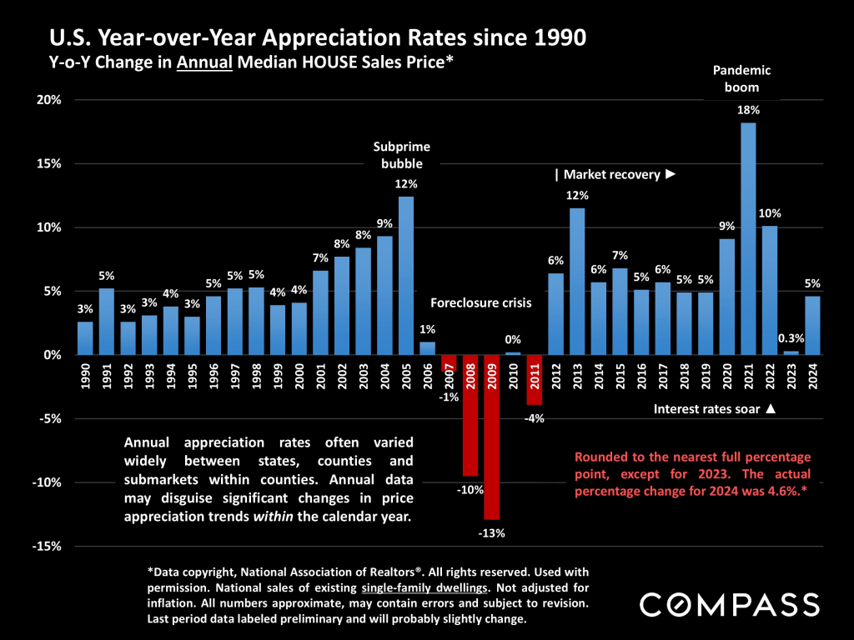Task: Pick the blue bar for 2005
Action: coord(405,276)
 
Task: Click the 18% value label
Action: coord(748,110)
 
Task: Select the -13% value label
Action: coord(492,533)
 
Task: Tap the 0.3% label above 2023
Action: coord(791,339)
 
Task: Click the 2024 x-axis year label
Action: coord(812,379)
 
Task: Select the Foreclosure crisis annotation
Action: coord(481,303)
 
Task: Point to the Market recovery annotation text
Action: coord(615,175)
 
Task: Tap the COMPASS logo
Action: coord(728,603)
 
